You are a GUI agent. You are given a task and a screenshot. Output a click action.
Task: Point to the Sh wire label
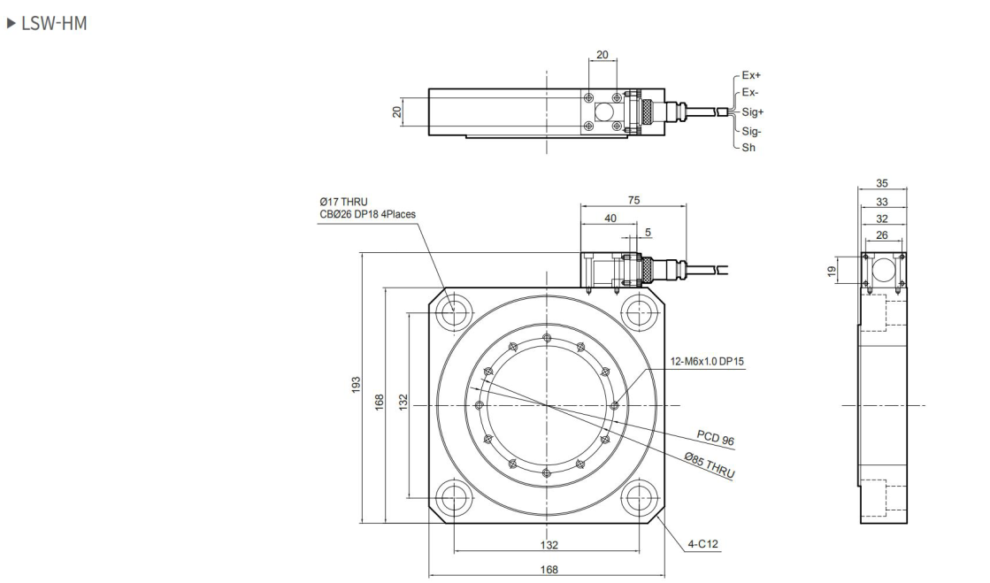click(748, 149)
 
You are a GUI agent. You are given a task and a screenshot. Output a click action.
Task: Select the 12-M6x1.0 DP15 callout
click(706, 362)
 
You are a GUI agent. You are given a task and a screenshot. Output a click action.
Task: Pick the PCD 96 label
click(715, 438)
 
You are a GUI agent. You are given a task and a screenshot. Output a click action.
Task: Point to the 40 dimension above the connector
click(610, 219)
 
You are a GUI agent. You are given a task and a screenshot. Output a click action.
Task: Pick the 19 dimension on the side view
click(833, 270)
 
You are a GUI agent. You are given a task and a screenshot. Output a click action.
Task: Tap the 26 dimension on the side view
click(882, 234)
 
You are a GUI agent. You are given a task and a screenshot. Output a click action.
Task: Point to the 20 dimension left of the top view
click(397, 111)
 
